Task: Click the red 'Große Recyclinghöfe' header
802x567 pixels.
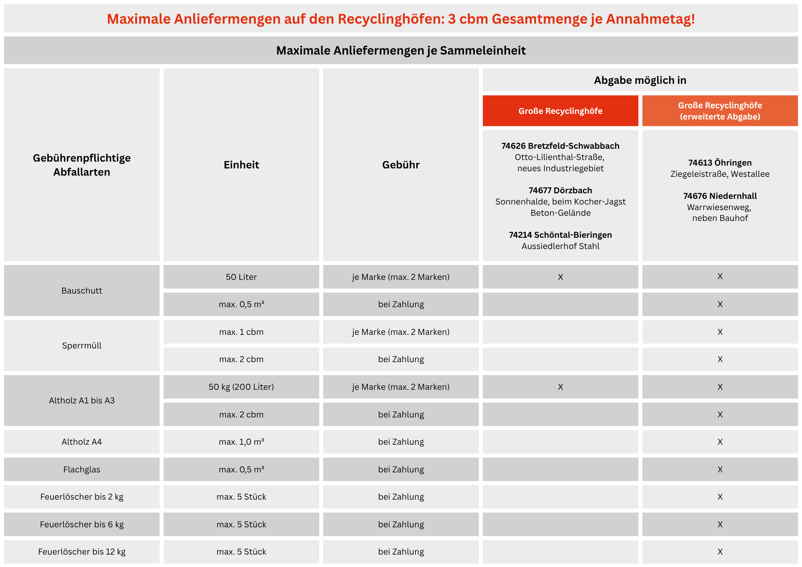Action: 560,111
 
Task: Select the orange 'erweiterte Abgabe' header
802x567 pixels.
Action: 720,111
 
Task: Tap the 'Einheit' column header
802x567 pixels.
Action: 241,165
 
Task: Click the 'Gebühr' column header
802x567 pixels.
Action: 401,165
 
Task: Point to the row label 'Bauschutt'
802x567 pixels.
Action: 82,291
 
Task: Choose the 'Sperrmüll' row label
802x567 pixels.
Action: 82,346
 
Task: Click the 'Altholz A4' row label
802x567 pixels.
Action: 82,442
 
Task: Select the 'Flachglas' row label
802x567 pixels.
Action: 82,470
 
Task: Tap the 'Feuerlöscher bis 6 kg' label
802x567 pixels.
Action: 82,524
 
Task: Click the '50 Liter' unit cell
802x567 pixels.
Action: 241,277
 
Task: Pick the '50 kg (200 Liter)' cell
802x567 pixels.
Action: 241,387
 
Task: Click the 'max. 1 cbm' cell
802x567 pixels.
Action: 241,332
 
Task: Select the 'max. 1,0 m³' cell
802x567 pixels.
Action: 241,442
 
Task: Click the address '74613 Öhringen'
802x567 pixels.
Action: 720,163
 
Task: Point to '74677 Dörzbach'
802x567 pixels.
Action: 560,190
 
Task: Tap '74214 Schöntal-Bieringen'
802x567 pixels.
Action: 560,235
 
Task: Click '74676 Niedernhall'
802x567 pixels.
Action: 720,196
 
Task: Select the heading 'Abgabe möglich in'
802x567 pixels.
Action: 640,80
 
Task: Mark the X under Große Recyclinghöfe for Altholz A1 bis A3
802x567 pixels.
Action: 560,387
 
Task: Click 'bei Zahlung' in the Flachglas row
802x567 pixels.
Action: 401,470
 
